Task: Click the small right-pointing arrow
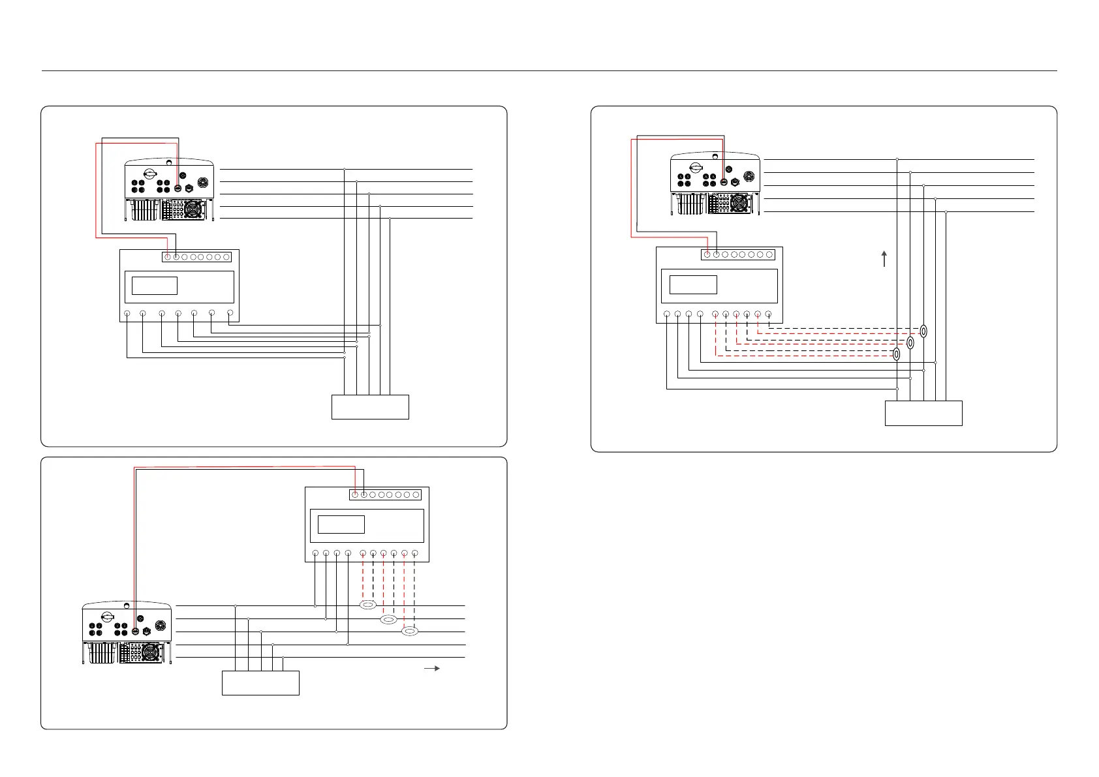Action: tap(432, 669)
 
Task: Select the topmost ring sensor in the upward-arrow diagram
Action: tap(923, 331)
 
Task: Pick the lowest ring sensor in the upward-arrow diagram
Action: tap(897, 354)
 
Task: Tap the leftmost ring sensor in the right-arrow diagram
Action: tap(368, 606)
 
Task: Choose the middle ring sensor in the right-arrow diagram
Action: tap(389, 619)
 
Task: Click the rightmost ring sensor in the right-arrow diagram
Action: tap(410, 631)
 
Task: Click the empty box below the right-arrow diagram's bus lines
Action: tap(260, 682)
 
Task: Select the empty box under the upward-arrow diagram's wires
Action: tap(923, 413)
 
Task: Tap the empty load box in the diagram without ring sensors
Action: tap(370, 406)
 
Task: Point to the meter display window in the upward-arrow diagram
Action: tap(693, 284)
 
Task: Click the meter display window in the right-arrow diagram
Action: tap(341, 525)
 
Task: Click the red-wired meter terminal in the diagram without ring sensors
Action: tap(168, 257)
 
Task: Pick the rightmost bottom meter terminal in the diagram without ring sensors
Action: tap(230, 314)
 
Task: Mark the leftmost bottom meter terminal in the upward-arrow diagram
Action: tap(666, 314)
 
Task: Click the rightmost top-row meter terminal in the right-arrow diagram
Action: tap(416, 495)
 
